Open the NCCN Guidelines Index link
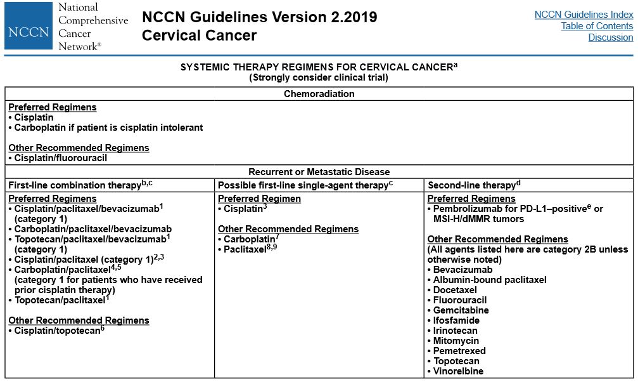pos(584,15)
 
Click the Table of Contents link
pos(597,26)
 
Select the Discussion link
pos(610,37)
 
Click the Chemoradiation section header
pos(319,94)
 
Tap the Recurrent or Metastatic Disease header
pos(319,172)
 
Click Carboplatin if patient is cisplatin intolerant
pos(108,128)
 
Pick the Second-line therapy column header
pos(471,185)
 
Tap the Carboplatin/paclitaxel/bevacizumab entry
pos(93,229)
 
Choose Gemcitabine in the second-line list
pos(461,310)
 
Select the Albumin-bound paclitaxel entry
pos(489,280)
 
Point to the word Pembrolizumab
pos(464,209)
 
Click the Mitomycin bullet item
pos(456,341)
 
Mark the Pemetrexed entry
pos(459,351)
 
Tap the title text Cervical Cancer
pos(199,36)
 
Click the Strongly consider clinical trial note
pos(319,78)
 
